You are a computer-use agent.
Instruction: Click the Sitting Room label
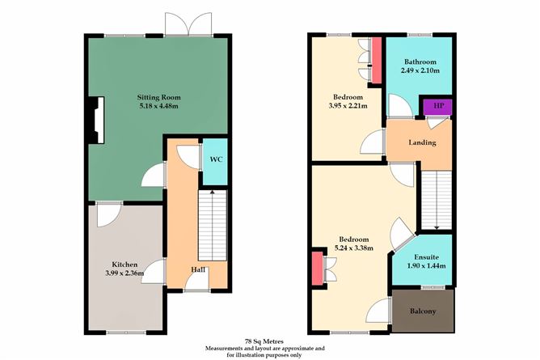[x=158, y=95]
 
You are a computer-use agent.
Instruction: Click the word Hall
[x=197, y=269]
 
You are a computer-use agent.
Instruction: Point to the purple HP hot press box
[x=438, y=106]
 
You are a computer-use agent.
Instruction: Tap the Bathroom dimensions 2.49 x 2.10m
[x=421, y=70]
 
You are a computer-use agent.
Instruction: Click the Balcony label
[x=423, y=311]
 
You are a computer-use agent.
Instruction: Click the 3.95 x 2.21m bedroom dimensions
[x=347, y=104]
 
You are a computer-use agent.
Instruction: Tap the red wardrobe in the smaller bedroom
[x=375, y=55]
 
